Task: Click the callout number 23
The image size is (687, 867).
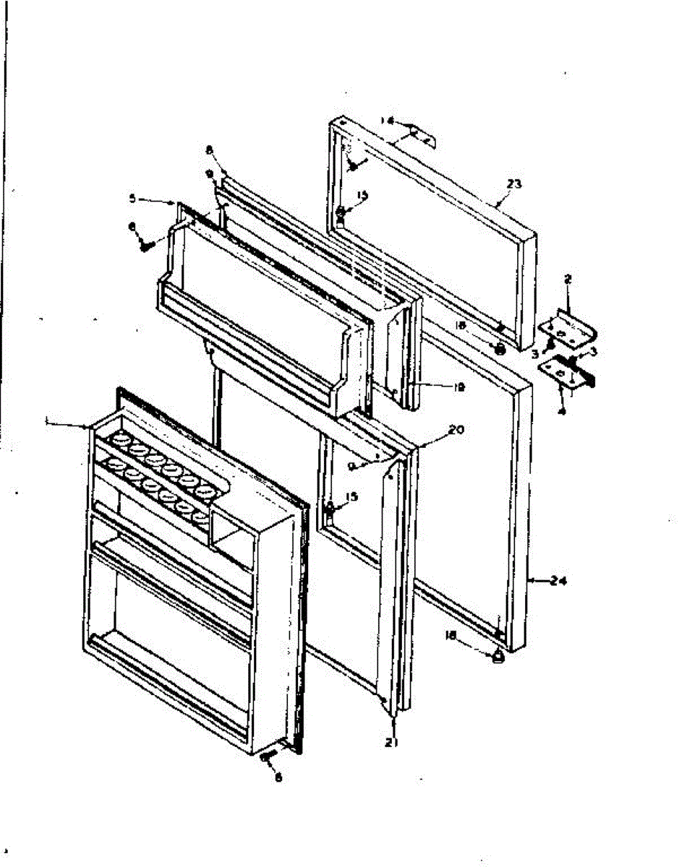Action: click(x=514, y=184)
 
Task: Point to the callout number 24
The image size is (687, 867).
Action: click(x=558, y=579)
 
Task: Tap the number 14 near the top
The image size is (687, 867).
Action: click(x=388, y=121)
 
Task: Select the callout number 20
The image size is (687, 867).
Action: click(x=456, y=429)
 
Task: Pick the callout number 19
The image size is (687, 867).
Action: click(x=458, y=387)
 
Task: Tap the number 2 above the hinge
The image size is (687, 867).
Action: click(x=568, y=278)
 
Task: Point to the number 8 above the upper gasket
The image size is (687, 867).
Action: click(x=208, y=151)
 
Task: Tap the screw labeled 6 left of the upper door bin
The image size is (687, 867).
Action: click(x=145, y=243)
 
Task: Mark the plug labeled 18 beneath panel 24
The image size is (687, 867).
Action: click(x=498, y=658)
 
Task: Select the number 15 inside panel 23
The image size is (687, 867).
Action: click(x=362, y=195)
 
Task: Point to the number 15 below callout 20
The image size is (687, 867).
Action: click(x=351, y=496)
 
